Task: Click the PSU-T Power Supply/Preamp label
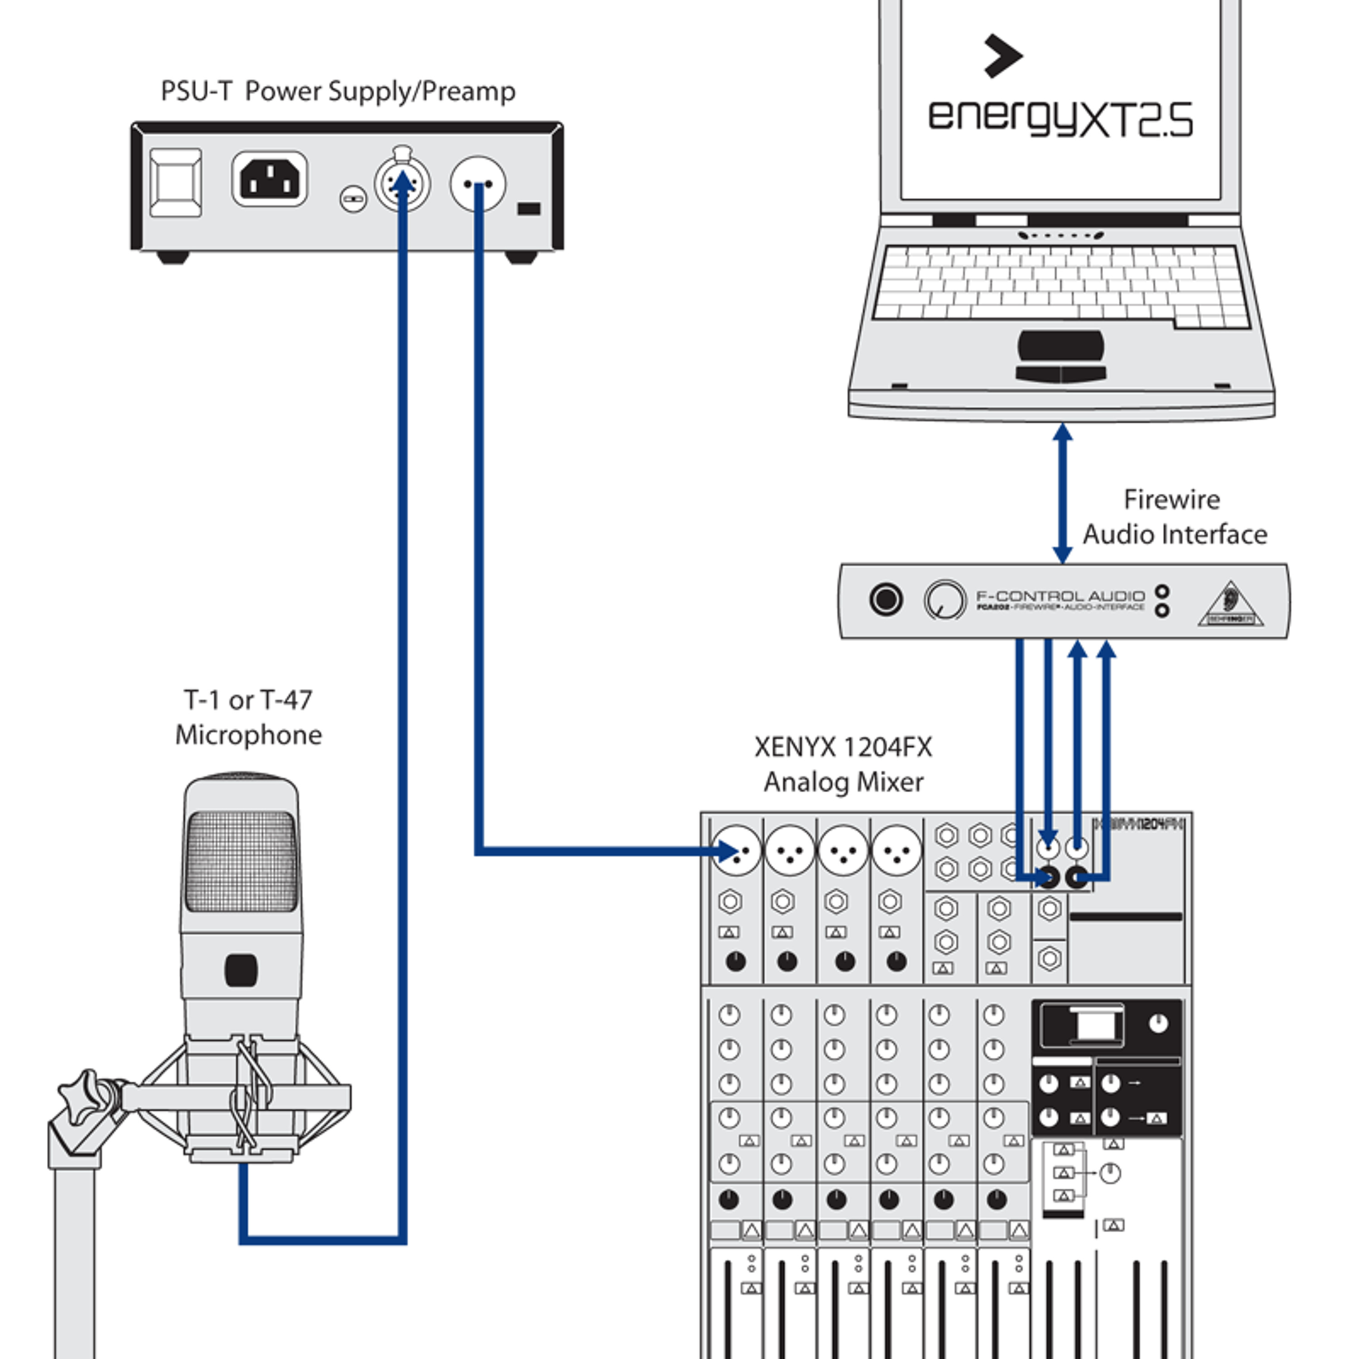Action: [x=337, y=92]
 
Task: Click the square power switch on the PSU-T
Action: [x=176, y=182]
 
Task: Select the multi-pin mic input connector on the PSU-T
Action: [x=402, y=183]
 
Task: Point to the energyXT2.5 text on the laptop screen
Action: [x=1060, y=118]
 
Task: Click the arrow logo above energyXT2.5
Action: [x=1002, y=56]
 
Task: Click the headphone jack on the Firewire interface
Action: [x=886, y=599]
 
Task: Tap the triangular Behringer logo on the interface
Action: [x=1230, y=605]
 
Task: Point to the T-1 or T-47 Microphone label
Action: [x=248, y=718]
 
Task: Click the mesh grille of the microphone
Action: [x=241, y=861]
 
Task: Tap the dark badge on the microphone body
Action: [x=241, y=971]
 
